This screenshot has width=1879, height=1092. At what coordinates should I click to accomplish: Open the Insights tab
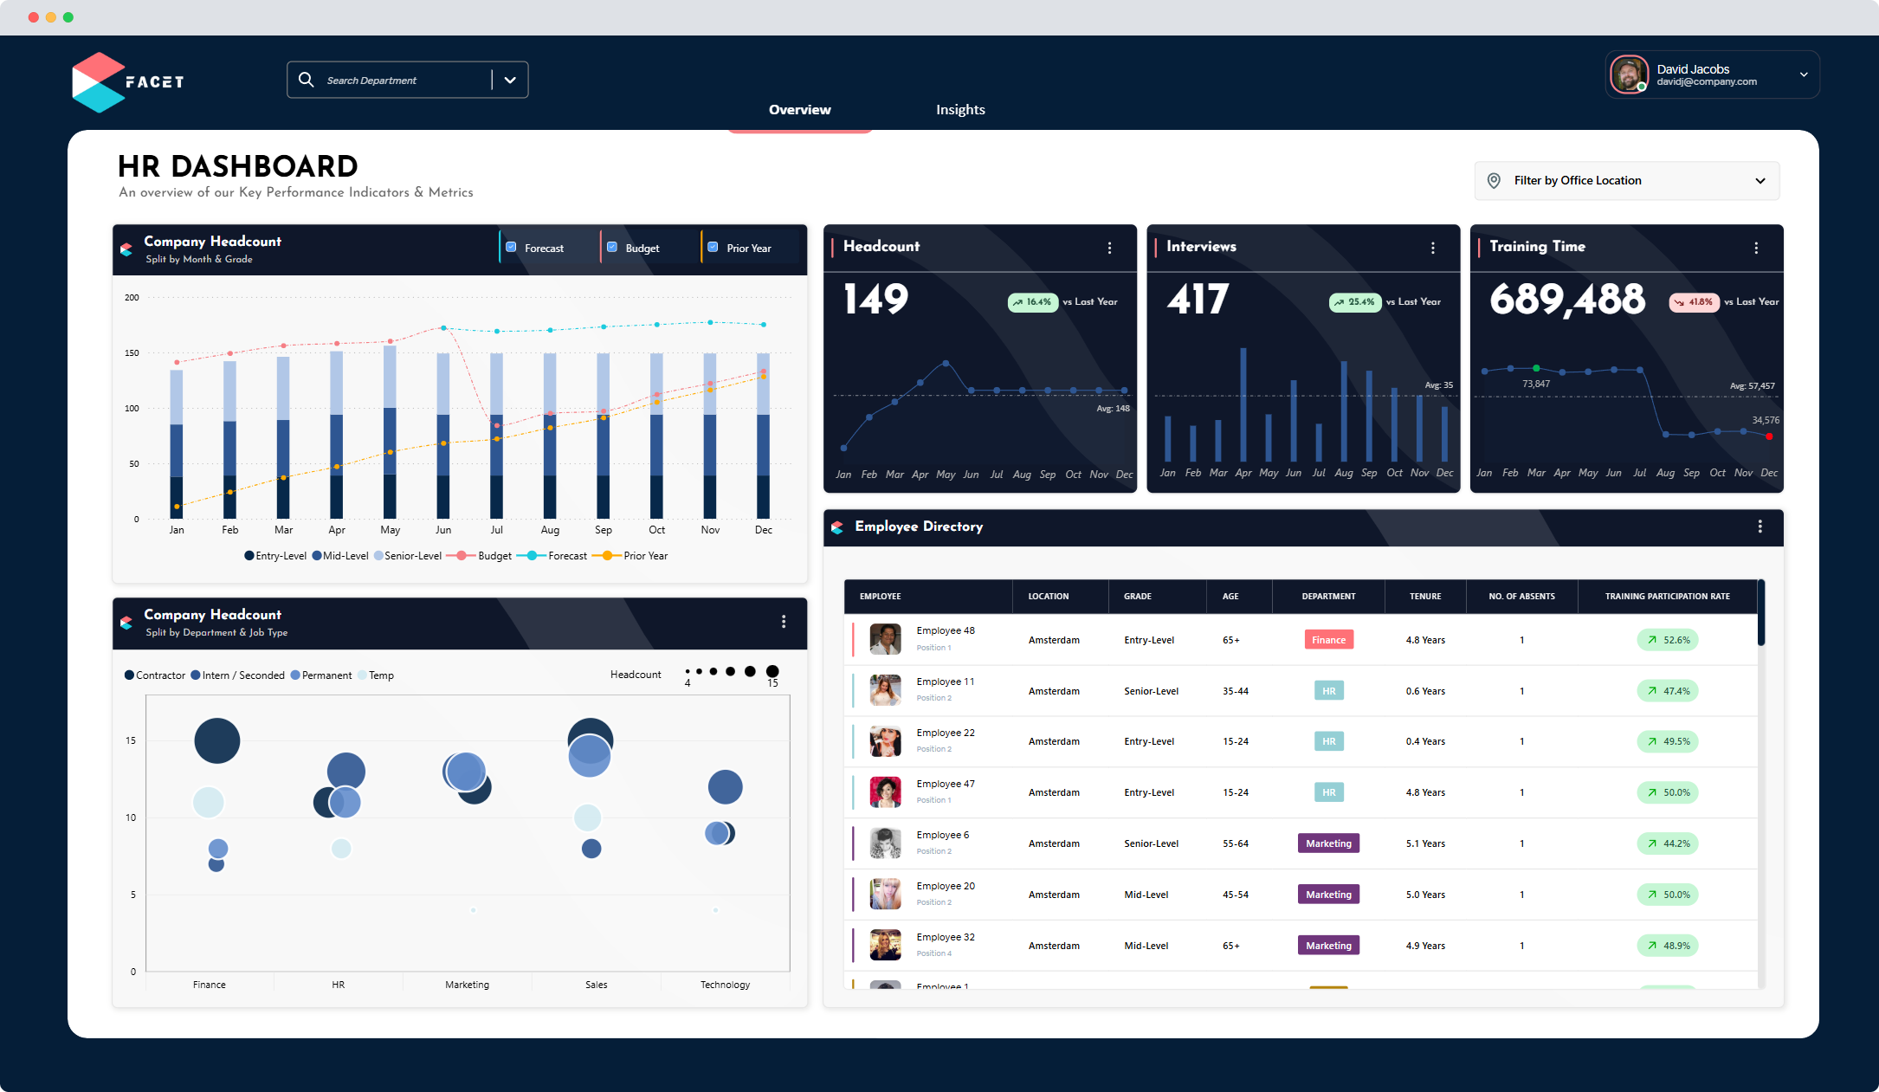pos(960,110)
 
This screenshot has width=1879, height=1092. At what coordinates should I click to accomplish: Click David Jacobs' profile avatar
pos(1629,74)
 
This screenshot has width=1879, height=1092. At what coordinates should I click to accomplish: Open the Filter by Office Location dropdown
pos(1626,181)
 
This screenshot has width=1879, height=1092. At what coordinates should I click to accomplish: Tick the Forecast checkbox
pos(511,248)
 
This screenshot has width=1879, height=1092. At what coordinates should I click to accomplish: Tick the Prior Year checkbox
pos(713,248)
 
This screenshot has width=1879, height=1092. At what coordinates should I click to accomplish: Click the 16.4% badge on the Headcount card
pos(1032,302)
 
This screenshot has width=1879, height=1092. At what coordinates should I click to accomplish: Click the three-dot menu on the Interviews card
pos(1433,248)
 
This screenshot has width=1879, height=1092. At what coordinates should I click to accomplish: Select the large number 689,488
pos(1566,300)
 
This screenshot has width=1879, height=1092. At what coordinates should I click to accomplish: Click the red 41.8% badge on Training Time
pos(1694,302)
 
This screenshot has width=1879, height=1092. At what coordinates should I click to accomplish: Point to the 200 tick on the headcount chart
pos(132,298)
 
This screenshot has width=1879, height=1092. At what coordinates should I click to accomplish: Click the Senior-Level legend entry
pos(408,556)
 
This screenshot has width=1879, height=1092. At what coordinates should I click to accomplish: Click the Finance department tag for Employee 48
pos(1328,640)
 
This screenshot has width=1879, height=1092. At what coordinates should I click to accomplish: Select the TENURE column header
pos(1424,597)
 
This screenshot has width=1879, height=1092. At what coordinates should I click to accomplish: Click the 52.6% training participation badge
pos(1668,640)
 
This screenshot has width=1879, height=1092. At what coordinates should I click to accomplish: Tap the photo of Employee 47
pos(885,792)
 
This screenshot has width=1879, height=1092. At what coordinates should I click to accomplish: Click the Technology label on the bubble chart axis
pos(725,985)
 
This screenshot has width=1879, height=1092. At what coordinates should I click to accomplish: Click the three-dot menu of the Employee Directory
pos(1760,527)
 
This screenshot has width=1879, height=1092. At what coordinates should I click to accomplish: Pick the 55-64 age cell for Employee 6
pos(1235,843)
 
